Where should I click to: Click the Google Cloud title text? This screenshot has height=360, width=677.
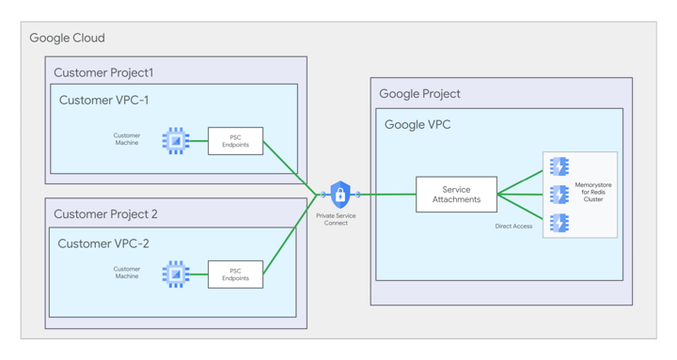tap(67, 39)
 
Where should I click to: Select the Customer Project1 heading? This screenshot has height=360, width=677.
tap(103, 72)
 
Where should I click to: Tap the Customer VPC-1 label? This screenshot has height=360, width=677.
tap(103, 101)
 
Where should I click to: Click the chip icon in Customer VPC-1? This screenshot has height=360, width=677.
tap(176, 141)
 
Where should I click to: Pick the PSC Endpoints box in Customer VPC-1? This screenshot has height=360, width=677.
tap(235, 141)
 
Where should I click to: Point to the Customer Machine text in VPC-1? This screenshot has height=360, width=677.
tap(127, 140)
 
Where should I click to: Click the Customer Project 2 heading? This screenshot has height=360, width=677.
tap(105, 214)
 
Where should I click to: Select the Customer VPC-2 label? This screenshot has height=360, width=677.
tap(103, 243)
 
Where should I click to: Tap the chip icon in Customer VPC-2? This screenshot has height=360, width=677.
tap(176, 274)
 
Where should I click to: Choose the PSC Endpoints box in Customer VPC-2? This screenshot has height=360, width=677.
tap(235, 274)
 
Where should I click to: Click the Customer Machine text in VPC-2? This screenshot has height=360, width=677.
tap(127, 273)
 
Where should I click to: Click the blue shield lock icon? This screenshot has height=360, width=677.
tap(340, 195)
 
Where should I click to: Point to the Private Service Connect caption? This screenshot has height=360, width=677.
tap(336, 219)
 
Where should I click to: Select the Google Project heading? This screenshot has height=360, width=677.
tap(419, 94)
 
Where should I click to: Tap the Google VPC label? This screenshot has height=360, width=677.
tap(417, 124)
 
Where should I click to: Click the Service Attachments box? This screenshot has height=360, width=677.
tap(456, 195)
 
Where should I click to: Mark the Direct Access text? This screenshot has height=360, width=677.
tap(513, 227)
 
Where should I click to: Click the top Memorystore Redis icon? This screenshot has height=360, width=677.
tap(559, 166)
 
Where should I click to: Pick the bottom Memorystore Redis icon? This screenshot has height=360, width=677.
tap(559, 223)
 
